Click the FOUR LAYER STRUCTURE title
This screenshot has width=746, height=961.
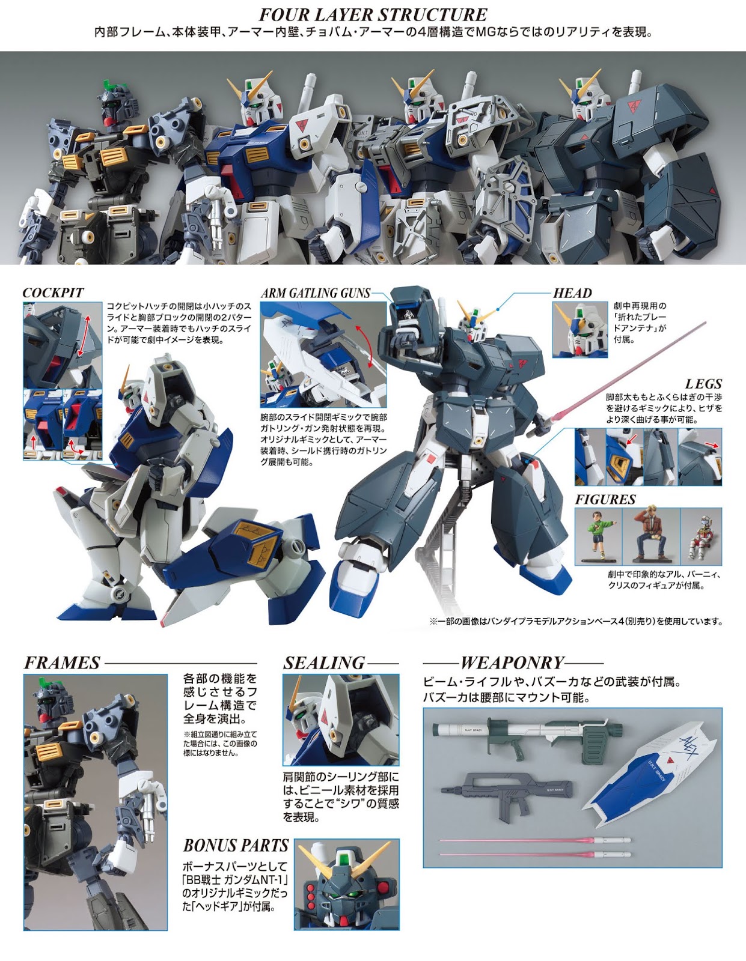coord(373,14)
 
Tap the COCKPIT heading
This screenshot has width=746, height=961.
coord(53,293)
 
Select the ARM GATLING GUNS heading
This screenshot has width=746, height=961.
coord(316,293)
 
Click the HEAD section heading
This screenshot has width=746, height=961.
coord(572,293)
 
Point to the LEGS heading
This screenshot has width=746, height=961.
coord(703,384)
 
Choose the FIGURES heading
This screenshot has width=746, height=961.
coord(605,500)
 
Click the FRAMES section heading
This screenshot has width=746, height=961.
coord(62,663)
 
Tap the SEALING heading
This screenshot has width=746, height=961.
coord(324,663)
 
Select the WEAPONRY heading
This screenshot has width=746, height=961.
coord(512,663)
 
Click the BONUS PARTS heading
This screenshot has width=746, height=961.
coord(236,846)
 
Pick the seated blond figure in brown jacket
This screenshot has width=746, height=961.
coord(650,536)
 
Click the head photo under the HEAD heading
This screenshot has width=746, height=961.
coord(579,330)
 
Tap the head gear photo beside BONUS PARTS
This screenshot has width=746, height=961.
coord(346,885)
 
